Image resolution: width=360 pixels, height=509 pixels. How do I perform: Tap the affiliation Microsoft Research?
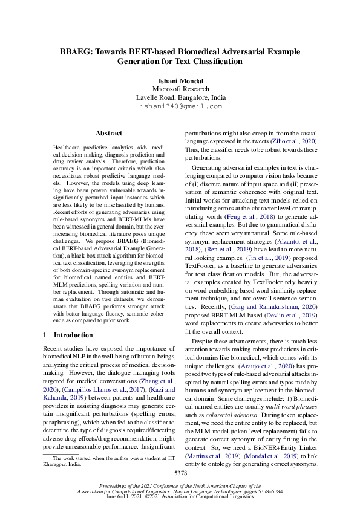[180, 88]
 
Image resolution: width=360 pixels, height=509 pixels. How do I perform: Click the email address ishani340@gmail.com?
[180, 106]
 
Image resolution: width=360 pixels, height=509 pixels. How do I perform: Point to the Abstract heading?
[109, 133]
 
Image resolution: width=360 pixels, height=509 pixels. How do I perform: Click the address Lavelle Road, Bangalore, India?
[180, 97]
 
